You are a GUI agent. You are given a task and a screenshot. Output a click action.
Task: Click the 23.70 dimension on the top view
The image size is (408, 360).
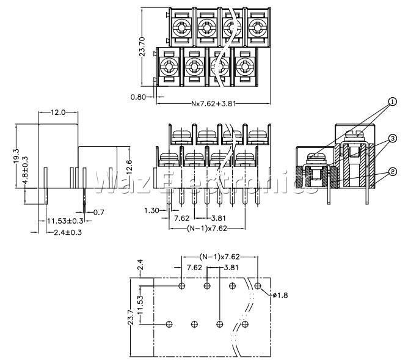tap(142, 47)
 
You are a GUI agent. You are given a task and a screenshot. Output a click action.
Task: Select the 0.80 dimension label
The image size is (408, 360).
tap(138, 97)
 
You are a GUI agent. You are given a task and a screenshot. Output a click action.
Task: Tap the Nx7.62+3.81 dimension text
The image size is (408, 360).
tap(213, 104)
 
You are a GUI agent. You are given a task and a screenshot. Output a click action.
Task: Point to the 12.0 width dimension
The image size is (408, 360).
tap(58, 112)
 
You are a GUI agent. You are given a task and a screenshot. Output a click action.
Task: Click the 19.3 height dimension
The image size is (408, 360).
tap(16, 156)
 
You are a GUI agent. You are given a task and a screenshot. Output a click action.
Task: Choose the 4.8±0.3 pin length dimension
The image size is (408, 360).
tap(25, 171)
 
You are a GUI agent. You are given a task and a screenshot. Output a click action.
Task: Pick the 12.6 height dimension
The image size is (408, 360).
tap(129, 167)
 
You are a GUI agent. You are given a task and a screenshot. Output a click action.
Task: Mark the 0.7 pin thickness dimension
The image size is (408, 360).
tap(98, 213)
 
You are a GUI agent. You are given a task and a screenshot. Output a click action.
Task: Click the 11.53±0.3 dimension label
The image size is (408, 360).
tap(65, 221)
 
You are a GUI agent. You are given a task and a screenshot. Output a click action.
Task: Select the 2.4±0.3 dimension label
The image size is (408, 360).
tap(68, 232)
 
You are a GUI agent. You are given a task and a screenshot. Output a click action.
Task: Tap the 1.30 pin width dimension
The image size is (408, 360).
tap(151, 210)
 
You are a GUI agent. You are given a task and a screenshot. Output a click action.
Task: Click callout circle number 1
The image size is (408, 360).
tap(393, 101)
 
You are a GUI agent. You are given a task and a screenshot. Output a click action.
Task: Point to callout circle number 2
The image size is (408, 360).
tap(393, 172)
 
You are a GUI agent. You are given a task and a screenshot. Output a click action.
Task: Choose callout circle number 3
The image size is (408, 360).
tap(393, 138)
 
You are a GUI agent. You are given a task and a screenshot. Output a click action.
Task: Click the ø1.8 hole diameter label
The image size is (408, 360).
tap(280, 295)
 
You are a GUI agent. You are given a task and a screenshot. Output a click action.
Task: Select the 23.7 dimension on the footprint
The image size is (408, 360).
tap(131, 317)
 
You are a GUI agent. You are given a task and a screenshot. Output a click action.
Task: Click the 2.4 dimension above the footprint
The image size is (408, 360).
tap(140, 265)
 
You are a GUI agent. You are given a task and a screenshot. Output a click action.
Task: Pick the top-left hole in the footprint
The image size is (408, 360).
tap(182, 286)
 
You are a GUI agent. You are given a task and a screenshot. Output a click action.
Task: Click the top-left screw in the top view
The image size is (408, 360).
tap(181, 26)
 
